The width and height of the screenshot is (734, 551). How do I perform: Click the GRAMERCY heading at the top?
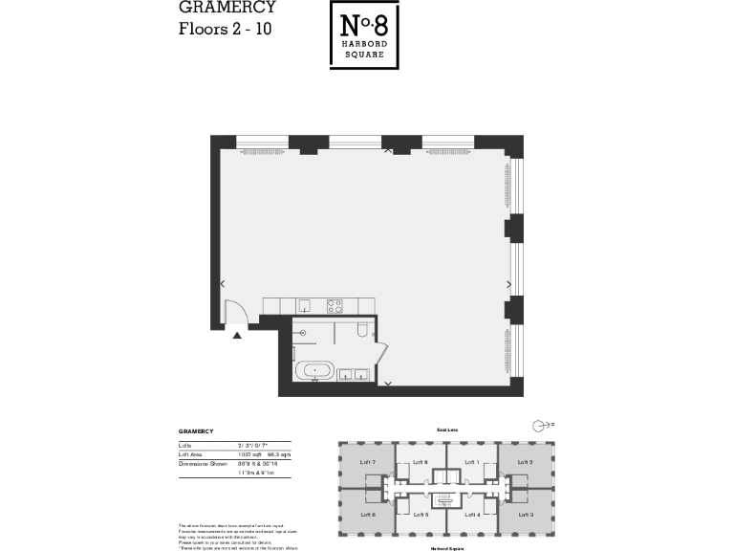(227, 8)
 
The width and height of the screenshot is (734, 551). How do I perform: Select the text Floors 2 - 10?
(226, 28)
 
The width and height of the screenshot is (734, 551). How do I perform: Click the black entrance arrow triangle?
(237, 334)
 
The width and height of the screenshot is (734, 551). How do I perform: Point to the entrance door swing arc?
(232, 311)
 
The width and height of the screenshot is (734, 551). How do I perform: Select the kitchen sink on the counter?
(304, 306)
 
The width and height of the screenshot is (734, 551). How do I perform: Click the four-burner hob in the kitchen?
(335, 306)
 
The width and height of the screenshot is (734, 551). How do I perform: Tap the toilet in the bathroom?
(360, 331)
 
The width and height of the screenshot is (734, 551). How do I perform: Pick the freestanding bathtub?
(313, 371)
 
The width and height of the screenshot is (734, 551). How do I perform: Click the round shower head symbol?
(301, 332)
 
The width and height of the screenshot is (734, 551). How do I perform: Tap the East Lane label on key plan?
(446, 431)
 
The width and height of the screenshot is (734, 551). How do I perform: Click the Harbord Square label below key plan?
(446, 549)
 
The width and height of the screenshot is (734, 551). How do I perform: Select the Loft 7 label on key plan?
(367, 462)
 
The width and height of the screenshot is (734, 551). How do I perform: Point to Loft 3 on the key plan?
(525, 515)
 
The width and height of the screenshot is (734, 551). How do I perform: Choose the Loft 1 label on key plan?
(471, 462)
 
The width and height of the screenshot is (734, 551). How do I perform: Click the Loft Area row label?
(191, 454)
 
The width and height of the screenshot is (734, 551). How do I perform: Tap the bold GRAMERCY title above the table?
(195, 431)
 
